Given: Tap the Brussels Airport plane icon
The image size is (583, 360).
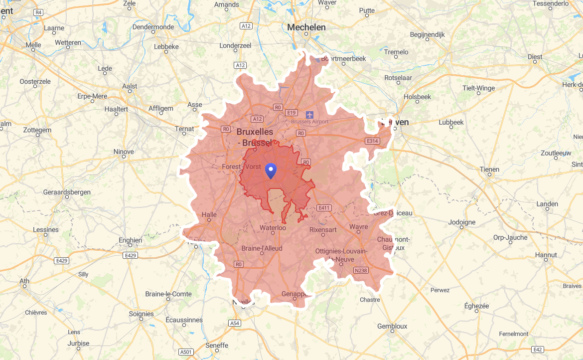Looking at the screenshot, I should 310,115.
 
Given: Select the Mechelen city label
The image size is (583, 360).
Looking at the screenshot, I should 306,27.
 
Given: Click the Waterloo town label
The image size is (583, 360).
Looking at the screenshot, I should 273,228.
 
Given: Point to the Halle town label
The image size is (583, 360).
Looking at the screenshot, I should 209,215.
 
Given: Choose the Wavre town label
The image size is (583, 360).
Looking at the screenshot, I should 359,227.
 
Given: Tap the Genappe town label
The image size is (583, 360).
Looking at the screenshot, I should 296,294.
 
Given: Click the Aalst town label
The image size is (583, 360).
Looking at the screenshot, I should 130,86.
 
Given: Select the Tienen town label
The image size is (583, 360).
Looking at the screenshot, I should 489,170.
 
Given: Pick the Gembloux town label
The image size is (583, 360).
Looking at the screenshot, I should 392,326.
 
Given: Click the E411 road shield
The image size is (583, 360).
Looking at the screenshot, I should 324,207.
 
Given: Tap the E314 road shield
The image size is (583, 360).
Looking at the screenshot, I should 372,142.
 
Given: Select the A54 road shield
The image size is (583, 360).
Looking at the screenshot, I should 235,324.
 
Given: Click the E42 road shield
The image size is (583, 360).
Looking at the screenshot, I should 538,350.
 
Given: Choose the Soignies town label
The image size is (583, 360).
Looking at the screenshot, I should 141,314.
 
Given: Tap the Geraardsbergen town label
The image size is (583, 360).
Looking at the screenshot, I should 67,192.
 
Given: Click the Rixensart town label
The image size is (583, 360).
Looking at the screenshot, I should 323,230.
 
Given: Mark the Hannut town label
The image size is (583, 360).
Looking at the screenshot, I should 546,255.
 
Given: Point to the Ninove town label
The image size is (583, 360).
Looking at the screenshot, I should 124,152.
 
